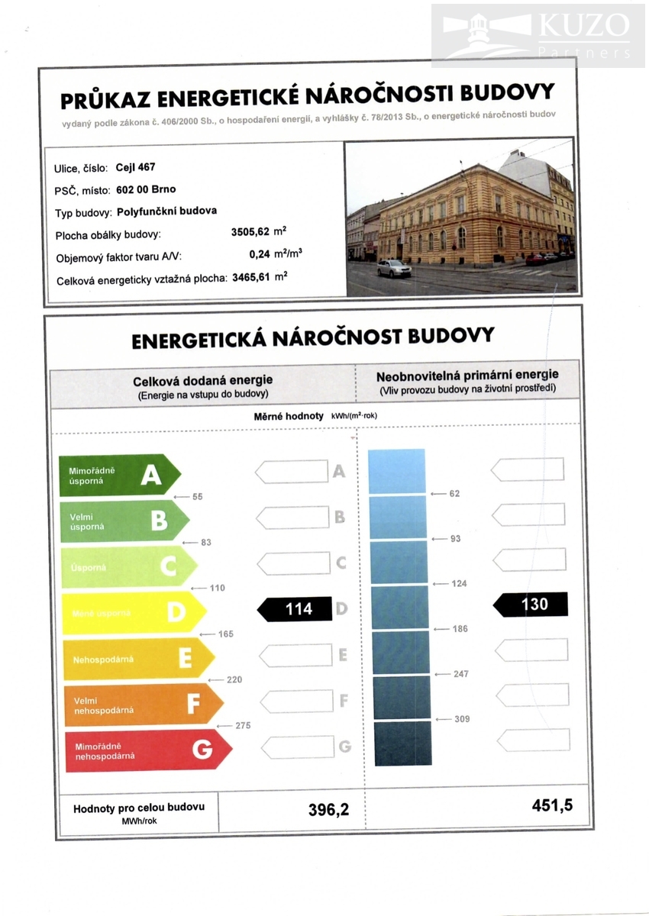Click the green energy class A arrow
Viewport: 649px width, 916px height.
click(x=120, y=476)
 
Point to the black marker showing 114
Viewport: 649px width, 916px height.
click(x=295, y=609)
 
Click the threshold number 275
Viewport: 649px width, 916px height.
click(x=243, y=726)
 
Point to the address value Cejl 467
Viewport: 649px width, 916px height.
click(x=135, y=167)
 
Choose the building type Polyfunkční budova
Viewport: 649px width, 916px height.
click(x=166, y=211)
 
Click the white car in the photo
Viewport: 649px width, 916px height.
click(x=394, y=268)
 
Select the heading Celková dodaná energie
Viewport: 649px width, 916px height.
click(x=202, y=380)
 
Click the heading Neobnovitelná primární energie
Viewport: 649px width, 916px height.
click(x=467, y=375)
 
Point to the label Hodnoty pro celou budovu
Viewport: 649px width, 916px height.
click(x=138, y=808)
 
